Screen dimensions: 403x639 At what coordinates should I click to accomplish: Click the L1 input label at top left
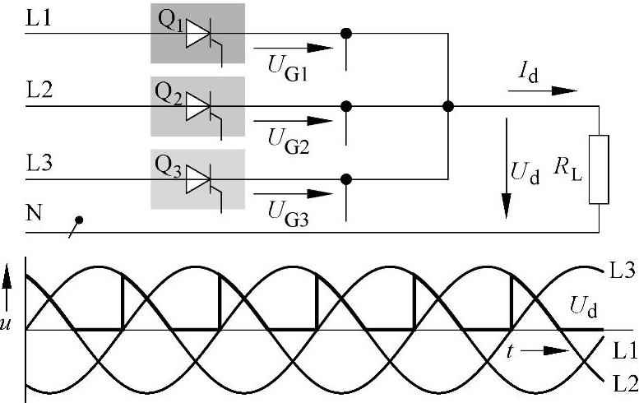39,17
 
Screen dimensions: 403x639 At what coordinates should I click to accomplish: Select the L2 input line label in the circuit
39,90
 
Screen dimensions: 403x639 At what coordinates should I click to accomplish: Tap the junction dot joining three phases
447,106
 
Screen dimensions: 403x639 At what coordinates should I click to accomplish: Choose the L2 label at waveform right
622,382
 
